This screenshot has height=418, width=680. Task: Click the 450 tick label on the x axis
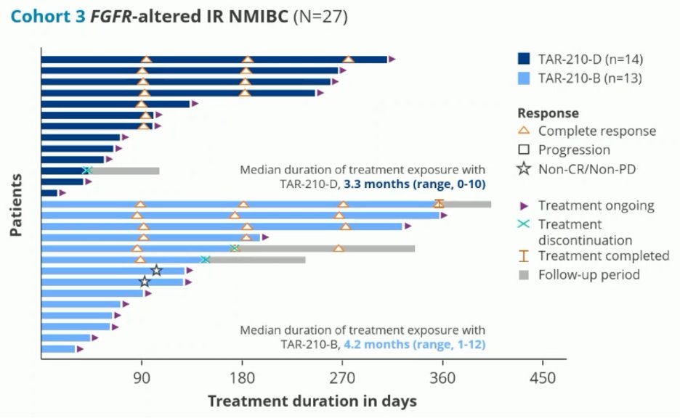543,378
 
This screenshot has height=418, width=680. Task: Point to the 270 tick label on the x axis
342,378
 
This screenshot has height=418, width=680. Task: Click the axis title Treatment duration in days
312,401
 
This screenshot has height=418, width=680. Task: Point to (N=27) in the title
320,16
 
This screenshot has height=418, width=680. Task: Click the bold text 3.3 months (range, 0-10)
415,184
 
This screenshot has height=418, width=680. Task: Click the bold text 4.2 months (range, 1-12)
415,344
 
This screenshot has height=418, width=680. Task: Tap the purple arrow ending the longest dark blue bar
392,60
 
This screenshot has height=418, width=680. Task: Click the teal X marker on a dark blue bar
87,171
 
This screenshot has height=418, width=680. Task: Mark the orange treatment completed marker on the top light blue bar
439,204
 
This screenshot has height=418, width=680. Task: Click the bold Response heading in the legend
548,113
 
